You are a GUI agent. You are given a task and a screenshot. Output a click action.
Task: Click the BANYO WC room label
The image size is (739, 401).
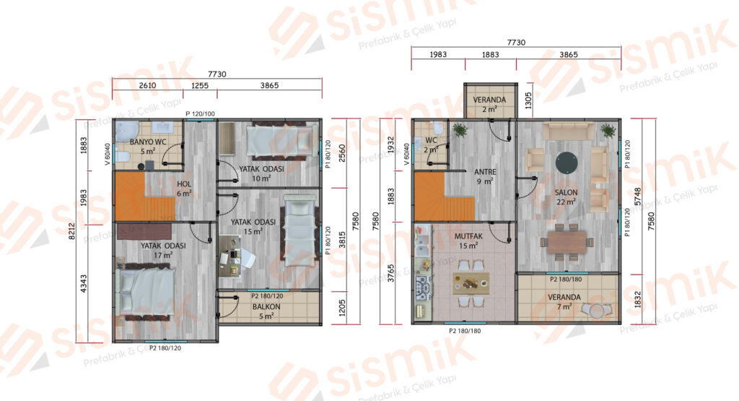click(147, 142)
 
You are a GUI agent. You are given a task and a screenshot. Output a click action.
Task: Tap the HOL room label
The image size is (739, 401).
click(184, 184)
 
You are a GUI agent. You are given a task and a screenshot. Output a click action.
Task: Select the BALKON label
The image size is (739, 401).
click(266, 306)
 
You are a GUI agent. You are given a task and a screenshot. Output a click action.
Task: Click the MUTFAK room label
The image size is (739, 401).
click(468, 236)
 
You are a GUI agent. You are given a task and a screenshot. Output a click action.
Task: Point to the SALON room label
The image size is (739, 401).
click(566, 192)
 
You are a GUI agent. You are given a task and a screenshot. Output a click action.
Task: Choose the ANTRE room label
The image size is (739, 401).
click(485, 172)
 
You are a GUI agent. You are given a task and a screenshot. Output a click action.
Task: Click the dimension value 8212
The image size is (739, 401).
click(72, 231)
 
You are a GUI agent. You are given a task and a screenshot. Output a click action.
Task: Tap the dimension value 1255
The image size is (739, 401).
click(200, 85)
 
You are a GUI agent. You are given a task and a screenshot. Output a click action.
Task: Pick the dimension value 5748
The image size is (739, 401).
click(638, 197)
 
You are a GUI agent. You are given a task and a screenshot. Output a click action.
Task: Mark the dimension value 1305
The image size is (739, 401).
click(528, 100)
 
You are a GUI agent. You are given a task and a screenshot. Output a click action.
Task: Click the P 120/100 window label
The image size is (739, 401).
click(200, 113)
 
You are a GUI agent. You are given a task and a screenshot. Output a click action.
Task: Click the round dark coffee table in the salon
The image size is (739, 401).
click(566, 163)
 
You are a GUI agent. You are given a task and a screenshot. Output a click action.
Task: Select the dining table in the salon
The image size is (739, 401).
click(567, 242)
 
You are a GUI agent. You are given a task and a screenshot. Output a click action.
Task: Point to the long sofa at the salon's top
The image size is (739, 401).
click(567, 131)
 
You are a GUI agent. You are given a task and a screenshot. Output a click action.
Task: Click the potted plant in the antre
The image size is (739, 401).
click(459, 129)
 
